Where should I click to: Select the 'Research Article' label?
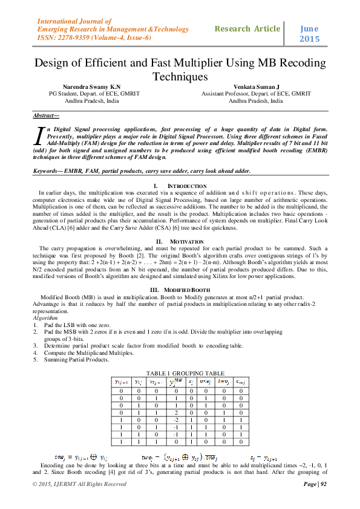tap(247, 28)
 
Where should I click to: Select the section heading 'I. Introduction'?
tap(180, 185)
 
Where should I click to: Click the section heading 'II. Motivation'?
tap(180, 241)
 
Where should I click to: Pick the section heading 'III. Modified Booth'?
tap(180, 290)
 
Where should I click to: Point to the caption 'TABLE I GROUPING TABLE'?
tap(181, 374)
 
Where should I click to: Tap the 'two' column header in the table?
tap(223, 382)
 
